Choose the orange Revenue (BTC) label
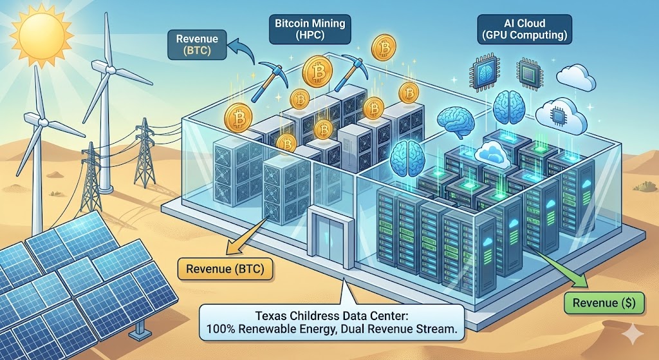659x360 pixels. click(225, 267)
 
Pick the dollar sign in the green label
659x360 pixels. click(616, 303)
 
